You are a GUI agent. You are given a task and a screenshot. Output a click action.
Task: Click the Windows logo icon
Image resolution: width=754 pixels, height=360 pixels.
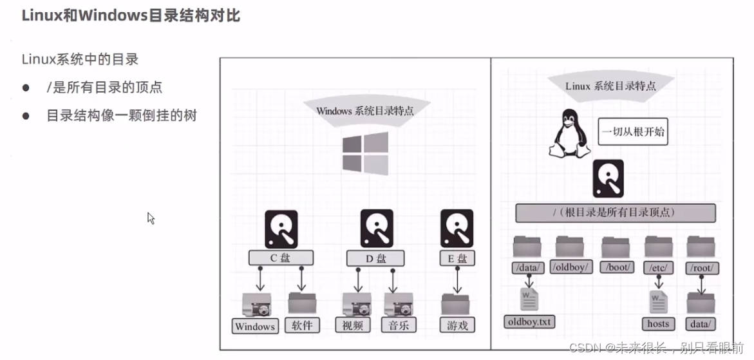tap(365, 153)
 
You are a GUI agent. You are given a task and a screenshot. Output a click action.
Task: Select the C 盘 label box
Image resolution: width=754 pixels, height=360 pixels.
tap(281, 258)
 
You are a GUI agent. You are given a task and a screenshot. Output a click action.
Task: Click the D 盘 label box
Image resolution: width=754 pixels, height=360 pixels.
tap(377, 258)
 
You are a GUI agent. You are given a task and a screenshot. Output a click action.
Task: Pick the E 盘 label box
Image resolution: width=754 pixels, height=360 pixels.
tap(457, 258)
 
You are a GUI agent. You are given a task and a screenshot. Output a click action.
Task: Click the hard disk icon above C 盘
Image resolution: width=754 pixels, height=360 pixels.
tap(281, 229)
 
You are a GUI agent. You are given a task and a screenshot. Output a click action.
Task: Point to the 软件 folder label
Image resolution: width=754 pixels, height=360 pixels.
tap(301, 325)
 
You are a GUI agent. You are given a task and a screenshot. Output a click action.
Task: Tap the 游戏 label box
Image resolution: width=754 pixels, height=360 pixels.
tap(457, 325)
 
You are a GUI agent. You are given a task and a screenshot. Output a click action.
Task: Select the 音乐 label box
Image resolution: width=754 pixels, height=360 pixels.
tap(398, 325)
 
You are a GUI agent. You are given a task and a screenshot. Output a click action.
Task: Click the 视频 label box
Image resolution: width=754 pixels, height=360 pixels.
tap(353, 325)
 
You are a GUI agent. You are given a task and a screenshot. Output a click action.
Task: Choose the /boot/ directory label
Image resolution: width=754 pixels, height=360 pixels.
tap(617, 267)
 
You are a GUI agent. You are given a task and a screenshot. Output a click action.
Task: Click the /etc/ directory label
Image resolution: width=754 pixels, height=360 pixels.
tap(659, 267)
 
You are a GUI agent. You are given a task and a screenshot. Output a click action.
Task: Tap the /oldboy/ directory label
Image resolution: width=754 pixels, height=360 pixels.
tap(571, 267)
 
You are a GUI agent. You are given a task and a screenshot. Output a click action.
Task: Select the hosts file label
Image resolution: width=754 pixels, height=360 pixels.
tap(658, 323)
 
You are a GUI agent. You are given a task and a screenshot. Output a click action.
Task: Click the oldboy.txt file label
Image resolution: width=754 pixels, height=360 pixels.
tap(529, 321)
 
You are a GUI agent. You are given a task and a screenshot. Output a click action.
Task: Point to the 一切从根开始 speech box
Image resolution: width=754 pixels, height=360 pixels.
tap(632, 132)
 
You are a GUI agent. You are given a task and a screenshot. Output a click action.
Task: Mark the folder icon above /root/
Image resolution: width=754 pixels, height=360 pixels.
tap(701, 247)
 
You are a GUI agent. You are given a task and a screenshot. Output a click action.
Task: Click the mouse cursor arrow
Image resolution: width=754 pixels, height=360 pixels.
tap(151, 218)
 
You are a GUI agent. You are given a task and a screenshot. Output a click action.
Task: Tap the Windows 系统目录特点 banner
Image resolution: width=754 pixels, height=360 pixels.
tap(365, 110)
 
